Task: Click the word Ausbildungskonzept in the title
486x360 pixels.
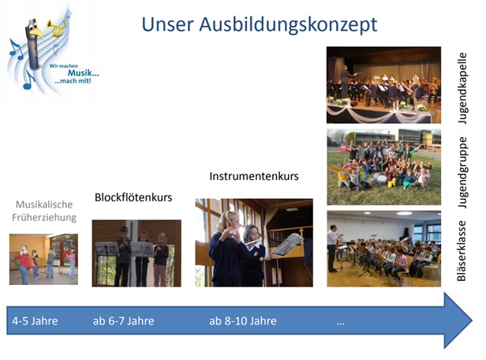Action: coord(288,25)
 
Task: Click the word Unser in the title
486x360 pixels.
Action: coord(168,24)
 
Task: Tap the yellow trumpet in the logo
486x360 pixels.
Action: coord(57,28)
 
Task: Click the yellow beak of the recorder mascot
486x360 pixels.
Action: coord(36,32)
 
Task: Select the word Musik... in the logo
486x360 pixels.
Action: coord(83,73)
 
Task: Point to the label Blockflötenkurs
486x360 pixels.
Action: coord(133,197)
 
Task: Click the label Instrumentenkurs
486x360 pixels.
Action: coord(254,176)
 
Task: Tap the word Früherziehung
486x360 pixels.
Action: coord(44,217)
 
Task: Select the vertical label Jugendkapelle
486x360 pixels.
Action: coord(462,88)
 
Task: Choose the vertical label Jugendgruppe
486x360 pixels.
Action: coord(462,172)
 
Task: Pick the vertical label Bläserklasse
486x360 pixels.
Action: coord(462,250)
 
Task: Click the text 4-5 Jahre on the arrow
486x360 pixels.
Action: coord(35,321)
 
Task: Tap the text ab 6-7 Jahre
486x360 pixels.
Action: coord(123,321)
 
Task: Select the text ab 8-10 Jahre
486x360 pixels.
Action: coord(243,321)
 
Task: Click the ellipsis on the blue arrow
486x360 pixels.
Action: coord(340,324)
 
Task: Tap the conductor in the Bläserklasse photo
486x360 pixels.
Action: coord(333,248)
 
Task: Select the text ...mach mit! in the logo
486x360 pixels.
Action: coord(73,81)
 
